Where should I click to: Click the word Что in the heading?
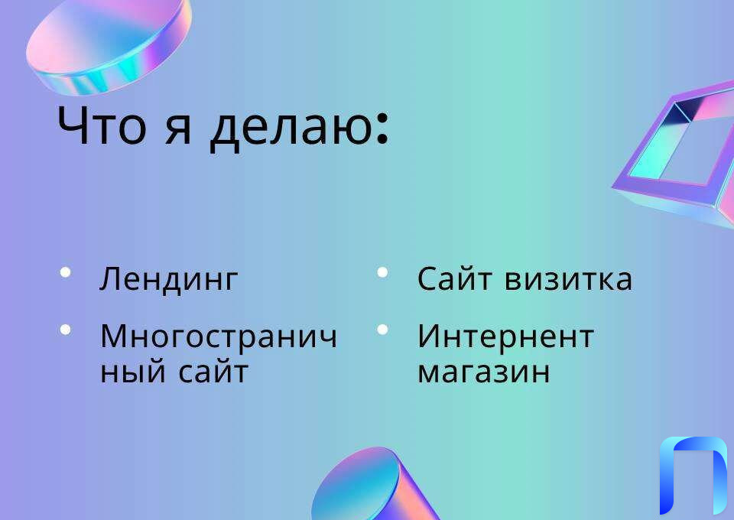(102, 125)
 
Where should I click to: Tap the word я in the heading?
(178, 128)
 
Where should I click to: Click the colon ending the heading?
(382, 126)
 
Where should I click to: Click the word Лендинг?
(169, 280)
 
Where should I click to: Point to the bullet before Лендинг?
(66, 272)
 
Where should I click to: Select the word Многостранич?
(219, 337)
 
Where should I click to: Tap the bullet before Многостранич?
(66, 330)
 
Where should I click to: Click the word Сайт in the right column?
(454, 278)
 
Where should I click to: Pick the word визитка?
(568, 280)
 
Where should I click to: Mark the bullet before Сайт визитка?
(382, 272)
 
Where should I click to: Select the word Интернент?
(505, 337)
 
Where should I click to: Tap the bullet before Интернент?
(382, 330)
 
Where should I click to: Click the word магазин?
(483, 373)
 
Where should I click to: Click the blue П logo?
(693, 476)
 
